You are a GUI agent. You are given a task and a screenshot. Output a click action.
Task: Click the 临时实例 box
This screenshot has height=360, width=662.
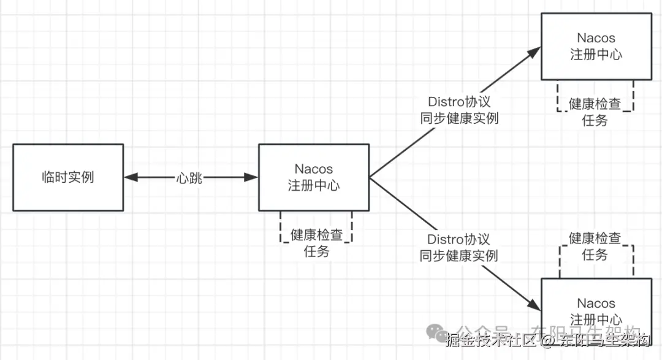coord(68,177)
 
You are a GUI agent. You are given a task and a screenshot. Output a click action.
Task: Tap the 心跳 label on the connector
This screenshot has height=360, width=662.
coord(189,178)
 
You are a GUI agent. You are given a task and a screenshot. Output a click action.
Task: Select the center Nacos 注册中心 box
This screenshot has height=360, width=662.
coord(314,177)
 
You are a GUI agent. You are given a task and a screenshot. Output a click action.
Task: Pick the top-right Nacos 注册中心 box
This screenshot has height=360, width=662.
coord(596,46)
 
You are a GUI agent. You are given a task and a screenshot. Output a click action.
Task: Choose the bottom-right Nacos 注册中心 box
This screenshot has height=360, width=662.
coord(596,310)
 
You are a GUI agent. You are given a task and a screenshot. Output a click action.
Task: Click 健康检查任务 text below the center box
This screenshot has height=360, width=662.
coord(316,242)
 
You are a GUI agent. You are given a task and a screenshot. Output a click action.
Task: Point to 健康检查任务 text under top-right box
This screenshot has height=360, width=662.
coord(595,112)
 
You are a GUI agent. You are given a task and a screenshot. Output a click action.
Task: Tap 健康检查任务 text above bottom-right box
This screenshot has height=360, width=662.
coord(595,246)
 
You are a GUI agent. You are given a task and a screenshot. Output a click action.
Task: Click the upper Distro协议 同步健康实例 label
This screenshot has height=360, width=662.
coord(459,110)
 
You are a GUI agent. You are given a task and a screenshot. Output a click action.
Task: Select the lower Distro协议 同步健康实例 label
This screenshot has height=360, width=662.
coord(458,247)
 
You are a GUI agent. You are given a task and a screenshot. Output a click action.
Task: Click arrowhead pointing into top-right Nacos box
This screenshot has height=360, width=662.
coord(534,52)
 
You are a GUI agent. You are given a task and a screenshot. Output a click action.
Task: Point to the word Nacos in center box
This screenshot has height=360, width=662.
coord(314,169)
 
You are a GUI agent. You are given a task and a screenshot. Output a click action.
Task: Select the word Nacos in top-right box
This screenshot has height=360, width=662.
coord(596,38)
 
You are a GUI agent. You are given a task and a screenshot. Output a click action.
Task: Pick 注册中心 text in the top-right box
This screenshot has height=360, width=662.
coord(596,54)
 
